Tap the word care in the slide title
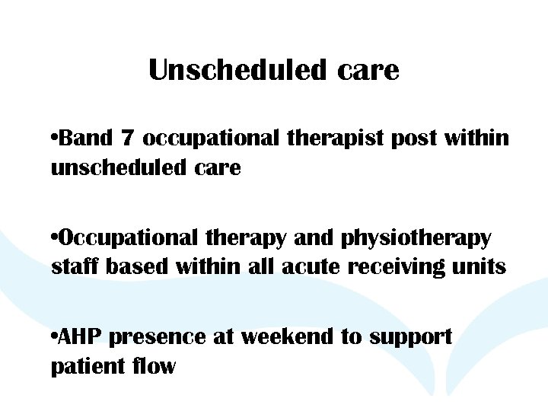click(368, 71)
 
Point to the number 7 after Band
click(126, 139)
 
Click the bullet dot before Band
click(53, 139)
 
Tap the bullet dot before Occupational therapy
click(53, 238)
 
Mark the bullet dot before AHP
click(53, 337)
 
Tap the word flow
click(157, 366)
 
